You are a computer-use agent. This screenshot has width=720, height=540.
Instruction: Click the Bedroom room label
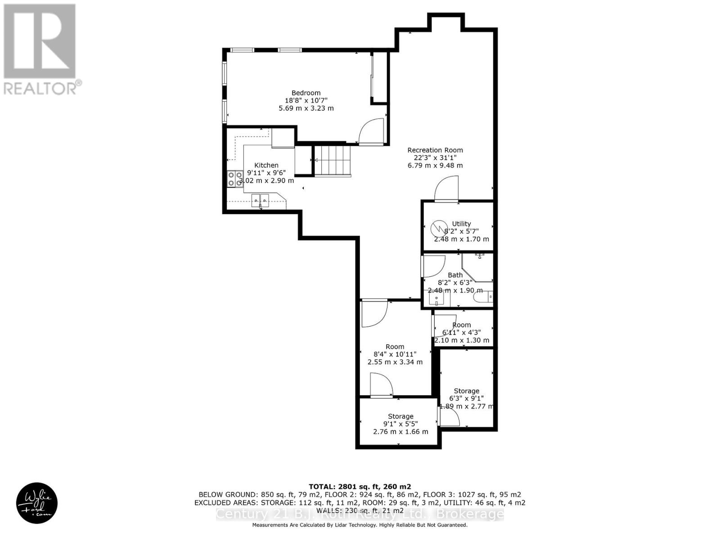click(306, 93)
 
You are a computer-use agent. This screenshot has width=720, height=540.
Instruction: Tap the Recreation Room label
click(435, 150)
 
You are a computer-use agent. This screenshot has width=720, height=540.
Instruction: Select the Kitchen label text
click(266, 165)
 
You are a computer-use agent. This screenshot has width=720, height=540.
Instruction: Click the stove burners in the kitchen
click(234, 179)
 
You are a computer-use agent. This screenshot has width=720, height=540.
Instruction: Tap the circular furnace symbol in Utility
click(437, 229)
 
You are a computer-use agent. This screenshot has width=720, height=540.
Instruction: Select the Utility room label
click(461, 224)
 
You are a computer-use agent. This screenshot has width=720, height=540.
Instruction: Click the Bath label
click(455, 275)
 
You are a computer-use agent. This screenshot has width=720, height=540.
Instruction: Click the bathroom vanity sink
click(436, 298)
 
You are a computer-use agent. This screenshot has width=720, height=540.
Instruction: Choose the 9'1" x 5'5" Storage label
click(400, 417)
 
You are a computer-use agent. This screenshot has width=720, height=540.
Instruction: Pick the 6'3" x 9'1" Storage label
click(466, 391)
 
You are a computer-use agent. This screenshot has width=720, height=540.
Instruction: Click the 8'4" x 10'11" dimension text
click(395, 354)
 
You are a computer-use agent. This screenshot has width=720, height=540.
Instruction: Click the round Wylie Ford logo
click(37, 503)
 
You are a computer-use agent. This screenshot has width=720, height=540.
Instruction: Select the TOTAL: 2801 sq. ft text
click(360, 486)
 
